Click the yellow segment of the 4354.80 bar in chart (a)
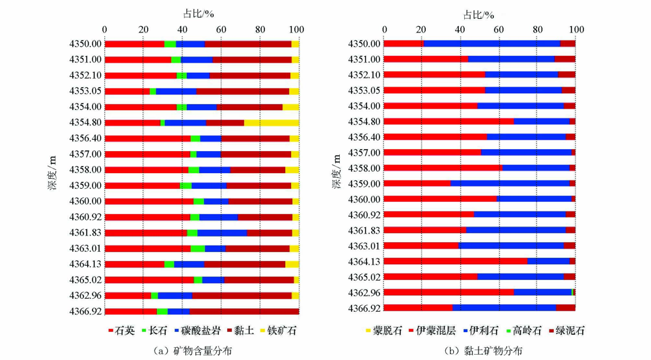(x=271, y=122)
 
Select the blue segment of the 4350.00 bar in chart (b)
(x=492, y=44)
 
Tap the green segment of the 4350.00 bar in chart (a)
(x=170, y=44)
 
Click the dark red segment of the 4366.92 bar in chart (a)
(x=243, y=311)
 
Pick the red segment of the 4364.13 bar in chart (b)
(x=455, y=261)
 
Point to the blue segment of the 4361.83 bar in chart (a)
(x=221, y=232)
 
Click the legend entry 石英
(x=121, y=331)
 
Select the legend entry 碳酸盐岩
(x=200, y=331)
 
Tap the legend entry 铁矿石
(x=279, y=331)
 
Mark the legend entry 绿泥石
(x=566, y=331)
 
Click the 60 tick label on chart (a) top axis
(x=221, y=29)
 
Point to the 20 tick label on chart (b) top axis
(x=422, y=29)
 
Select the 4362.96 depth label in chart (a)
(x=84, y=295)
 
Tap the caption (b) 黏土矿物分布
(x=483, y=351)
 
